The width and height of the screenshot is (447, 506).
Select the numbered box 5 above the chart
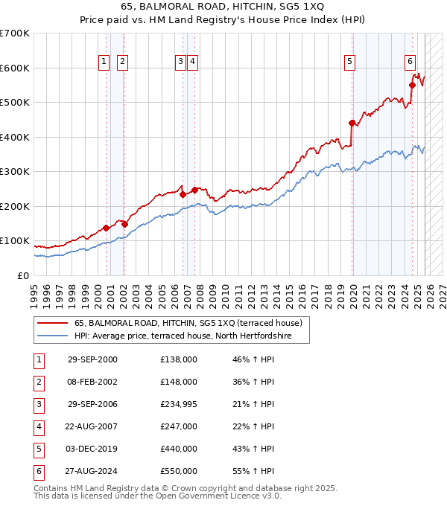(x=349, y=62)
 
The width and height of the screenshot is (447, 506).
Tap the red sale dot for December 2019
(x=352, y=124)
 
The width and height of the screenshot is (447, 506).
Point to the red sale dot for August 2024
(x=412, y=85)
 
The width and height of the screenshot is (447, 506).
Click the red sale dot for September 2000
(x=107, y=228)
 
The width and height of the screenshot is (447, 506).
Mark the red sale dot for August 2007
(x=194, y=190)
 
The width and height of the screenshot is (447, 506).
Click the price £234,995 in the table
(x=178, y=404)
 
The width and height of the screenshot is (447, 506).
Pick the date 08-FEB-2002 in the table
(x=92, y=382)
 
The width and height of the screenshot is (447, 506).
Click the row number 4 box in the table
(x=39, y=426)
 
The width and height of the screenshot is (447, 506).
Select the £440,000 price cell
(x=178, y=449)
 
